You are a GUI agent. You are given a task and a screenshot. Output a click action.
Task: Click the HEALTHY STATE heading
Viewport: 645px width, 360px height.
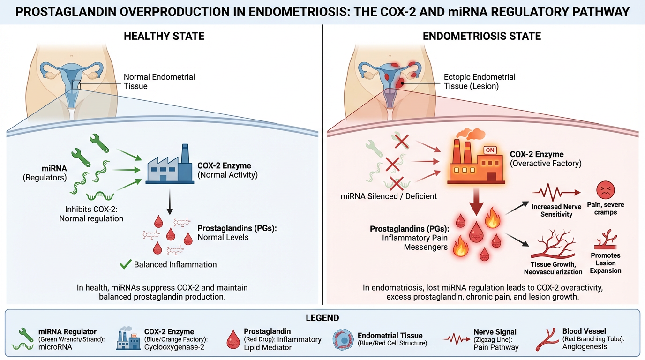pyautogui.click(x=164, y=36)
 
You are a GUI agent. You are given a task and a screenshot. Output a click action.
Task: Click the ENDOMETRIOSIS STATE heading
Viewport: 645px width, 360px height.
pyautogui.click(x=482, y=36)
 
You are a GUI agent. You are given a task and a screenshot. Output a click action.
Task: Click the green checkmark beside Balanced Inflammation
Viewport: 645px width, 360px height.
pyautogui.click(x=125, y=264)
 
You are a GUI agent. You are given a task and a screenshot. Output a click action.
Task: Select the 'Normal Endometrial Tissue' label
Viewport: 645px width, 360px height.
pyautogui.click(x=159, y=81)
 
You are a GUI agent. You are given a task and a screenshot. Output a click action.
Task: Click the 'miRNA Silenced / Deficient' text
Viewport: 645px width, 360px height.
pyautogui.click(x=389, y=196)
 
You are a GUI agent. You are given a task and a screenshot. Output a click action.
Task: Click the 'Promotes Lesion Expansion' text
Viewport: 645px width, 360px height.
pyautogui.click(x=605, y=263)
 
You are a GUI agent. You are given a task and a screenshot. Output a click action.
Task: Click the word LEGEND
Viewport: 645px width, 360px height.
pyautogui.click(x=322, y=318)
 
